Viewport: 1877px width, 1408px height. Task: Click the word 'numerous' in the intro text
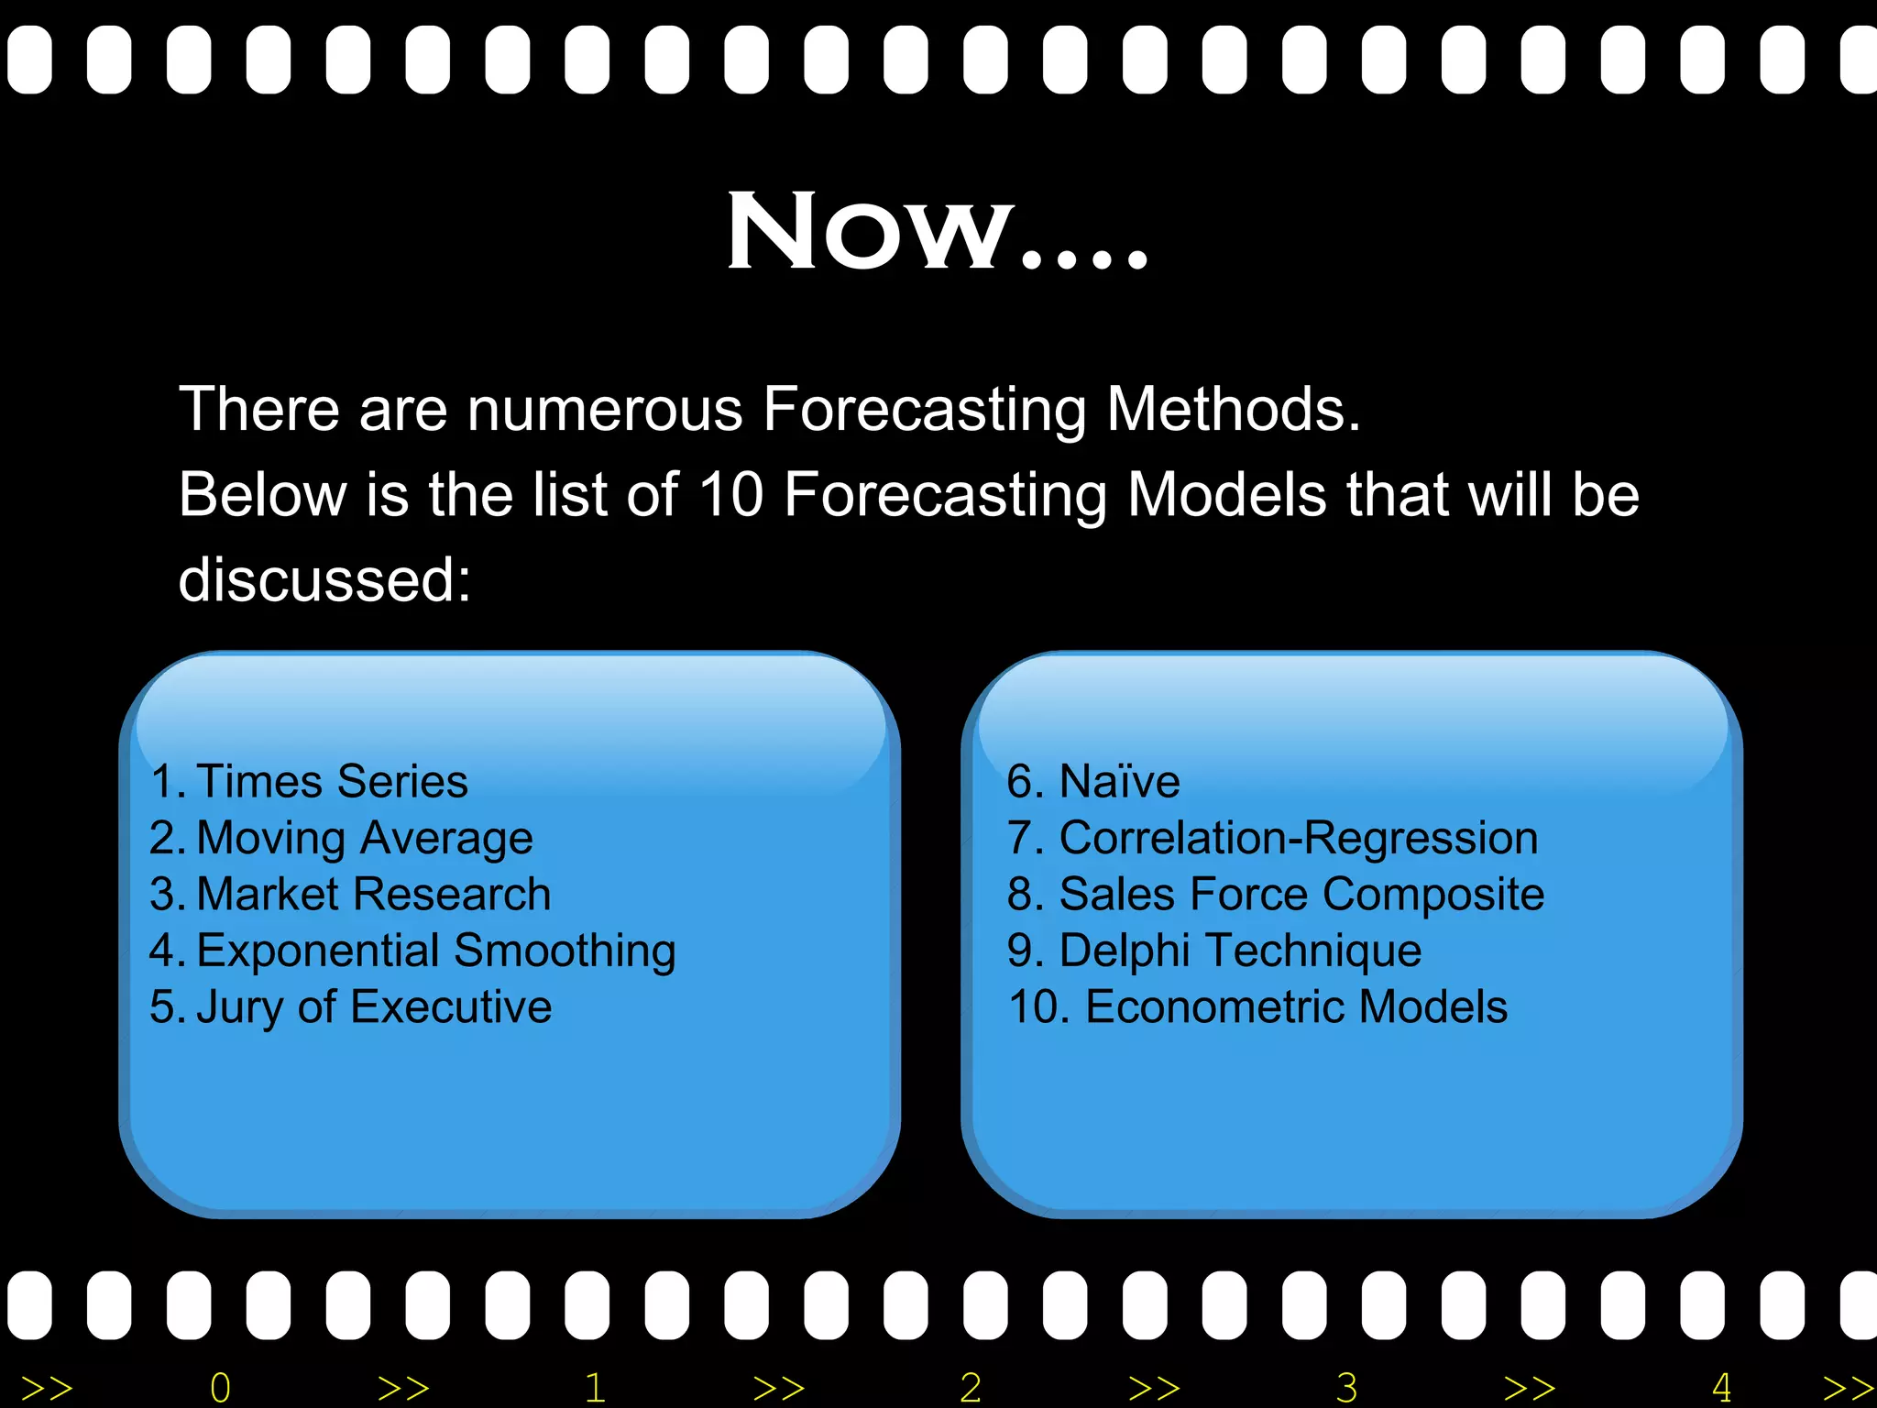[605, 410]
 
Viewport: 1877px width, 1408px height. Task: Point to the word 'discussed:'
[324, 580]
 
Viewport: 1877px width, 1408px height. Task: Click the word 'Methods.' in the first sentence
[1234, 409]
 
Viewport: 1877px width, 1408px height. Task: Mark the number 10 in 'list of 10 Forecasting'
[730, 495]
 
